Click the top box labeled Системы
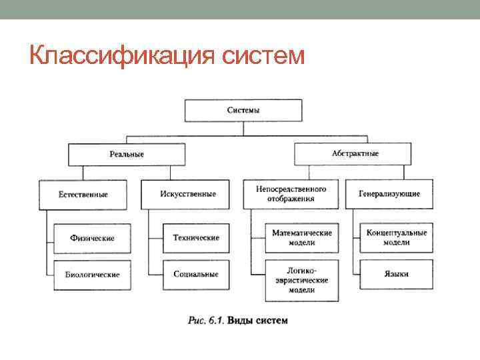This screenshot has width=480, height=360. (243, 110)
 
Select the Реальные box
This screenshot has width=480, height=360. (127, 154)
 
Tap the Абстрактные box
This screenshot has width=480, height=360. (355, 153)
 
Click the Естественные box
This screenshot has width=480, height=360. (83, 194)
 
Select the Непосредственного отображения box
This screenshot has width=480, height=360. (291, 193)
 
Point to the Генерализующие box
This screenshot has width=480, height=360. (389, 194)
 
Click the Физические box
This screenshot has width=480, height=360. (93, 238)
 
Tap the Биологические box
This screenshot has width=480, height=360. (92, 274)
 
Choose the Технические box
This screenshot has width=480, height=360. (196, 238)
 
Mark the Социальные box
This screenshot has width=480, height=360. (196, 274)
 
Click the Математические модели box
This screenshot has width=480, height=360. (301, 238)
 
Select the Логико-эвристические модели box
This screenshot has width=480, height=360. (301, 281)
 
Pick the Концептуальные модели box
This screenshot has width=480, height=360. (397, 238)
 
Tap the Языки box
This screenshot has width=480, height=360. (397, 274)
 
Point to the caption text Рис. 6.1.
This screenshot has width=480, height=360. (205, 320)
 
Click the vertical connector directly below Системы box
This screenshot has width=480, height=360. (243, 128)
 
